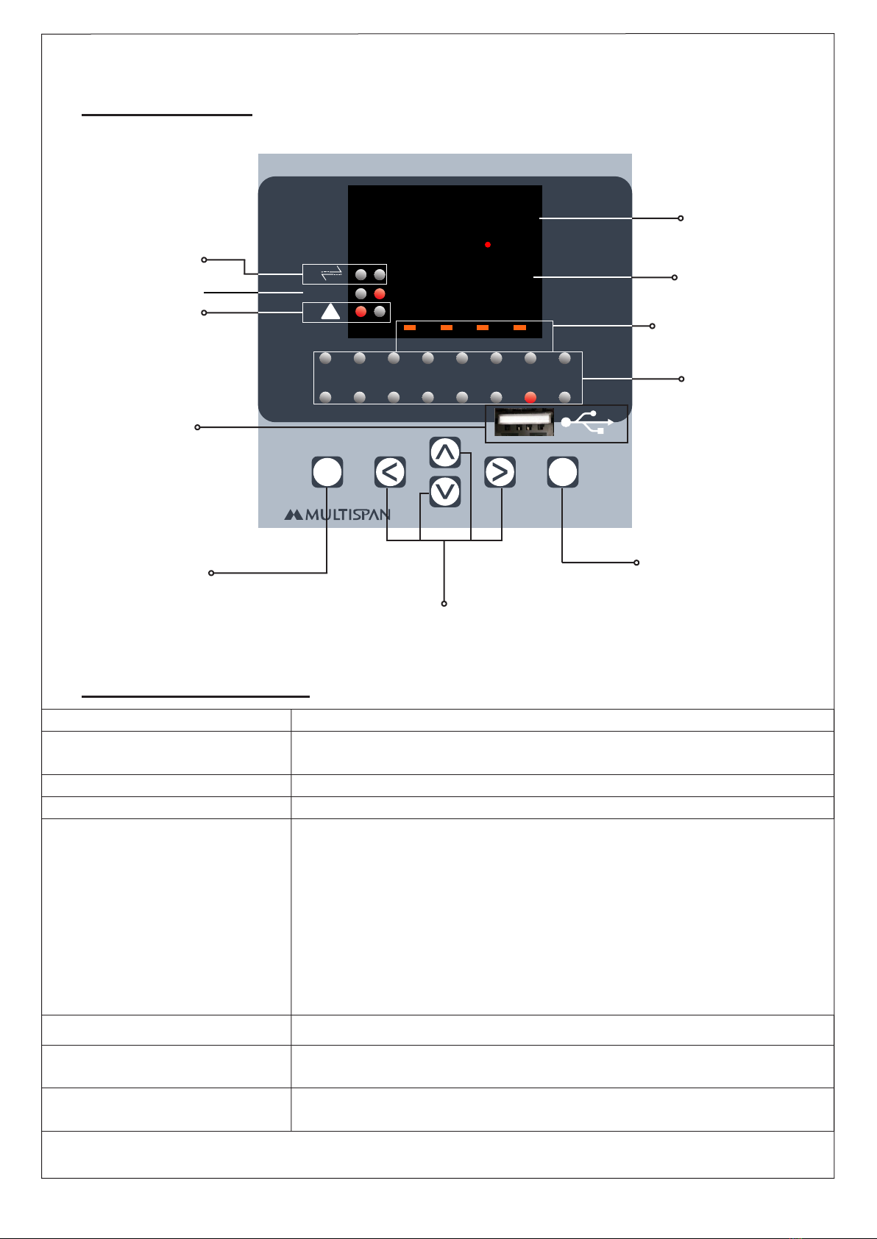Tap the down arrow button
pos(445,492)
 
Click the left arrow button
pos(390,472)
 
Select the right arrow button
pos(500,472)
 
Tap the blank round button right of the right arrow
pos(563,472)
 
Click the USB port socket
pos(523,423)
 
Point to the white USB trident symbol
pos(588,422)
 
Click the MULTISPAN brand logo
pos(338,515)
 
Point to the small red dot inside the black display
pos(488,244)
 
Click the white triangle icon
pos(330,312)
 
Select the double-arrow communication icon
pos(332,274)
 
